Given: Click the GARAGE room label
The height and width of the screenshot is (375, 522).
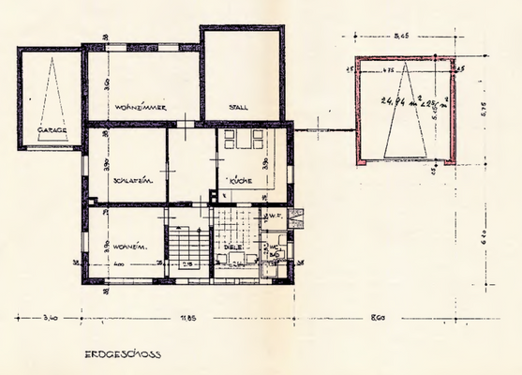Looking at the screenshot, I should [52, 130].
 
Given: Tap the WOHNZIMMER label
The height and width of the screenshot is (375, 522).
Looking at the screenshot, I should [142, 109].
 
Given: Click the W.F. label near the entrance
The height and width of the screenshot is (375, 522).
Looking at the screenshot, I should [275, 217].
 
